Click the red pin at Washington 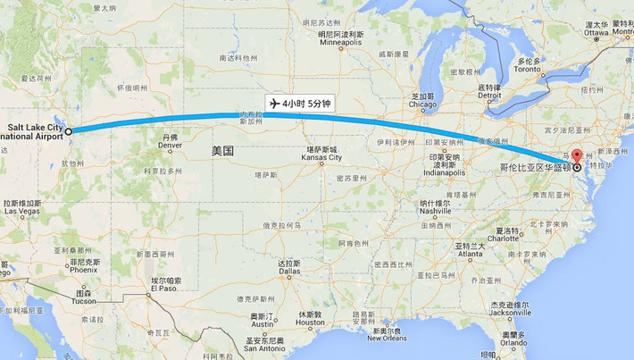coord(576,155)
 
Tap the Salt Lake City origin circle coord(68,130)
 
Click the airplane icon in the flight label coord(274,104)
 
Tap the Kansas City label coord(321,157)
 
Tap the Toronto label coord(529,69)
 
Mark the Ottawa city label coord(596,33)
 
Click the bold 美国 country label coord(222,151)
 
